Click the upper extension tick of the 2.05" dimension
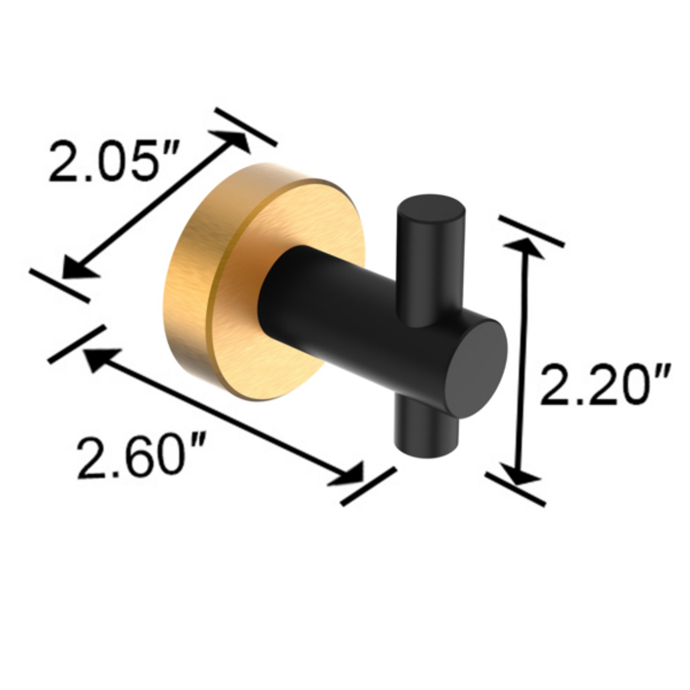246,127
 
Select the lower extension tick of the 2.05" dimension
59,285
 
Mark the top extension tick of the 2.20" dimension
531,231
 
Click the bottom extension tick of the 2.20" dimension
515,489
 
